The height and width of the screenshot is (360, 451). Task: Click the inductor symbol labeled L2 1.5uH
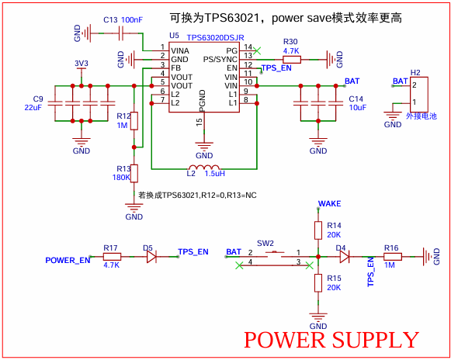click(x=204, y=167)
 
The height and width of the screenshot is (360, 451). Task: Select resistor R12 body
click(x=134, y=121)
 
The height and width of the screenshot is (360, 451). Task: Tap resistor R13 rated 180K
click(x=134, y=173)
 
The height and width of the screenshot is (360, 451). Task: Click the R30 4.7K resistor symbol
click(x=292, y=60)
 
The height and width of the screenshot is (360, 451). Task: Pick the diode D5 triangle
click(x=151, y=257)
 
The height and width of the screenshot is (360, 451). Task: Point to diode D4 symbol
click(x=345, y=257)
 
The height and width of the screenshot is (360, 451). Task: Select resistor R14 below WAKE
click(x=318, y=230)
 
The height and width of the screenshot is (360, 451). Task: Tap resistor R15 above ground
click(x=318, y=283)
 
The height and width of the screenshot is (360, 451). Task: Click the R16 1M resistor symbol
click(x=393, y=257)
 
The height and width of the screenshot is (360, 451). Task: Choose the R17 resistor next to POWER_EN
click(x=112, y=257)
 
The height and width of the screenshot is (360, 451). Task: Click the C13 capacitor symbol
click(x=121, y=33)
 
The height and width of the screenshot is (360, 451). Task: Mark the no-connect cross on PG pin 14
click(x=257, y=51)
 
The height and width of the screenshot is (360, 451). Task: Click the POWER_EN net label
click(x=68, y=260)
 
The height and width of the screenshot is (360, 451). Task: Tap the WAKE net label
click(x=329, y=203)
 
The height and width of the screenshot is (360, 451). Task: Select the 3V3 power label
click(x=82, y=64)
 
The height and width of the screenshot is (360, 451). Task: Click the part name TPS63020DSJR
click(x=216, y=38)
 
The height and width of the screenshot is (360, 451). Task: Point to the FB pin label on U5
click(x=175, y=68)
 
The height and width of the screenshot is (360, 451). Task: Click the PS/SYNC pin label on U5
click(x=220, y=60)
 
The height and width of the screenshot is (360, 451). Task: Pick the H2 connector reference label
click(x=415, y=72)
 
